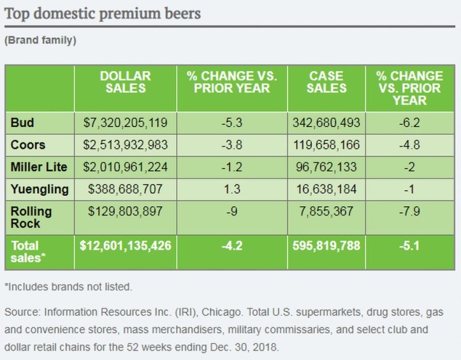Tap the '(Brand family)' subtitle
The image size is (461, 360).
(40, 40)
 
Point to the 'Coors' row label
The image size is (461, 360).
(28, 144)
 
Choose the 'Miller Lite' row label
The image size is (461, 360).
(38, 167)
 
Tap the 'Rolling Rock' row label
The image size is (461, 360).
(31, 217)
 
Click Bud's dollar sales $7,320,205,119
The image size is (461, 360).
(125, 121)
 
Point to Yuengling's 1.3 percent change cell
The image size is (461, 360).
(231, 190)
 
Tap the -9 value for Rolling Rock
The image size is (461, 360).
(231, 212)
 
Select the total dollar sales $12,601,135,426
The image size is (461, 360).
(125, 245)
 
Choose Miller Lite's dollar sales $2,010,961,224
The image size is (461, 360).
(125, 167)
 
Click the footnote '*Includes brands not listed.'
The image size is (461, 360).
(68, 287)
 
